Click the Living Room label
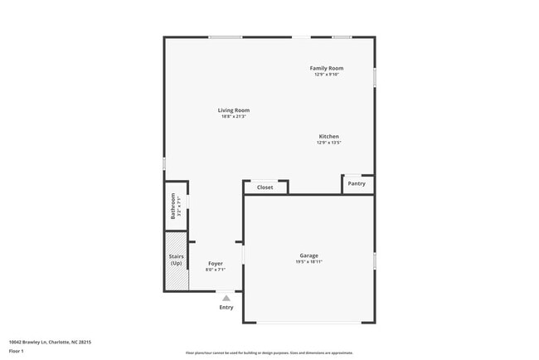click(x=234, y=110)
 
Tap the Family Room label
click(x=327, y=68)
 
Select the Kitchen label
click(x=329, y=136)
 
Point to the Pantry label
click(x=357, y=183)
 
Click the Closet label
click(x=265, y=187)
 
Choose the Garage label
click(x=308, y=255)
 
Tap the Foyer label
click(x=216, y=264)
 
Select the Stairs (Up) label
click(x=176, y=260)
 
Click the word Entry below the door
click(x=226, y=307)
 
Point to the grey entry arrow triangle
click(x=226, y=298)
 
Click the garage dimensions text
click(x=308, y=262)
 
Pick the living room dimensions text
click(x=234, y=117)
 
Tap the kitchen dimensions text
click(x=329, y=143)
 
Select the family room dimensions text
click(x=327, y=75)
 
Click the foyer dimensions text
click(x=216, y=270)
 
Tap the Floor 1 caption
click(x=17, y=351)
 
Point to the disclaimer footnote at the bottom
click(x=269, y=353)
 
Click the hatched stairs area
click(x=176, y=279)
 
